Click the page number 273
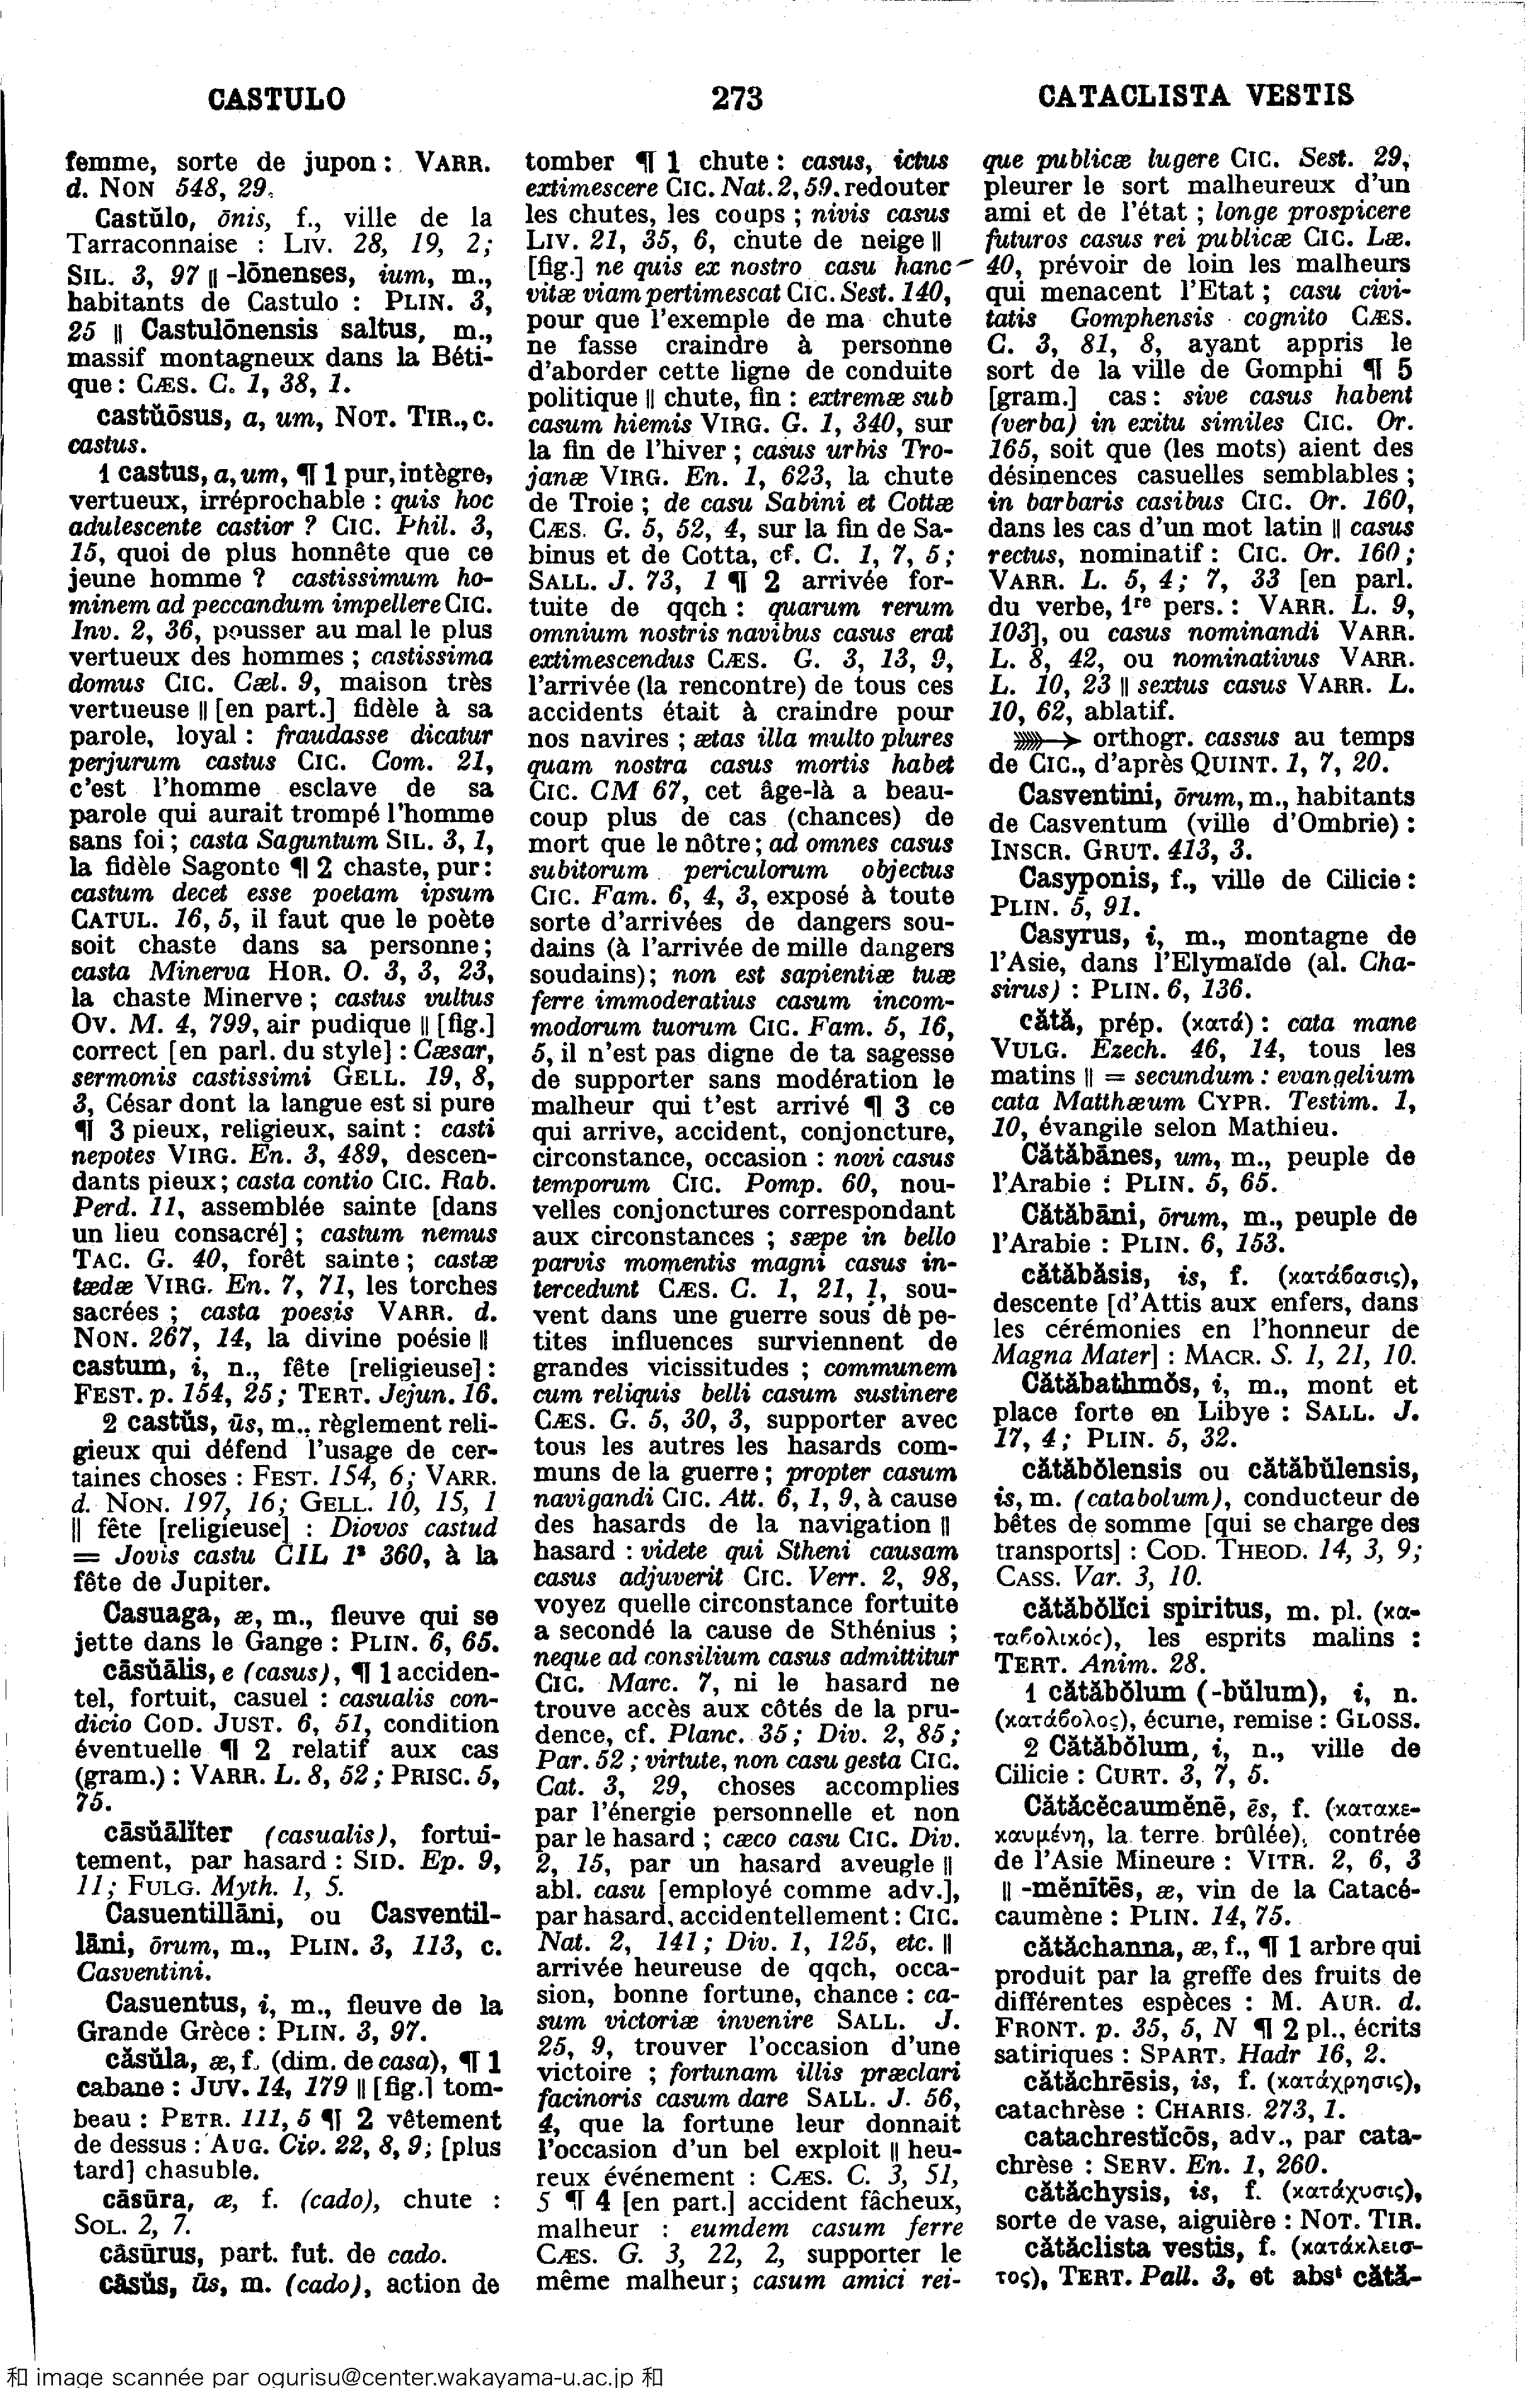coord(737,98)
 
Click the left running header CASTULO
coord(278,99)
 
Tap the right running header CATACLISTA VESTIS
coord(1195,96)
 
